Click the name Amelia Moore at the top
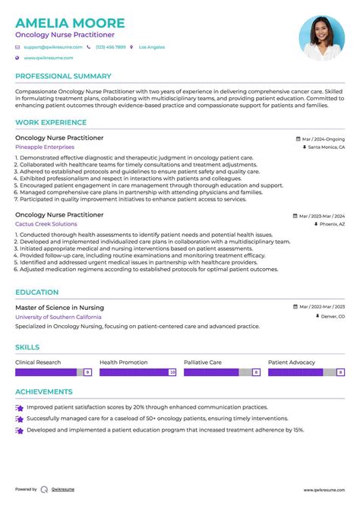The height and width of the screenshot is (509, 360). pos(70,22)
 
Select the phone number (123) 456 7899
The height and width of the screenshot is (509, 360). pos(111,47)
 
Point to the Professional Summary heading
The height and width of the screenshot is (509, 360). pos(63,76)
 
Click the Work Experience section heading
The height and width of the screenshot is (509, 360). pos(52,122)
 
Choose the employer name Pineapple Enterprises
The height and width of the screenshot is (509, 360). pos(45,147)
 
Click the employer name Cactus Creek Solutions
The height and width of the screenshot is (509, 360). pos(46,224)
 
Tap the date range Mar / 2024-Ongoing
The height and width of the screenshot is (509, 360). pos(322,139)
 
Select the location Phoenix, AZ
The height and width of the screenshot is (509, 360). pos(331,225)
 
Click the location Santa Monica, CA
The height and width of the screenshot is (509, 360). pos(326,147)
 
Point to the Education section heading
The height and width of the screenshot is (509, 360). pos(36,292)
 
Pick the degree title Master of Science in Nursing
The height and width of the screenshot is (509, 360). pos(59,307)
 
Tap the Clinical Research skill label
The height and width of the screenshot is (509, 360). pos(38,362)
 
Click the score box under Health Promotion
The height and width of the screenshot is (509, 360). pos(172,372)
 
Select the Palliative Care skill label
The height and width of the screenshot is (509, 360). pos(203,362)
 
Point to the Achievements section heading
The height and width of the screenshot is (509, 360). pos(44,392)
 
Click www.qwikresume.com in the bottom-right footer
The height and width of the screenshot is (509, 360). pos(325,490)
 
